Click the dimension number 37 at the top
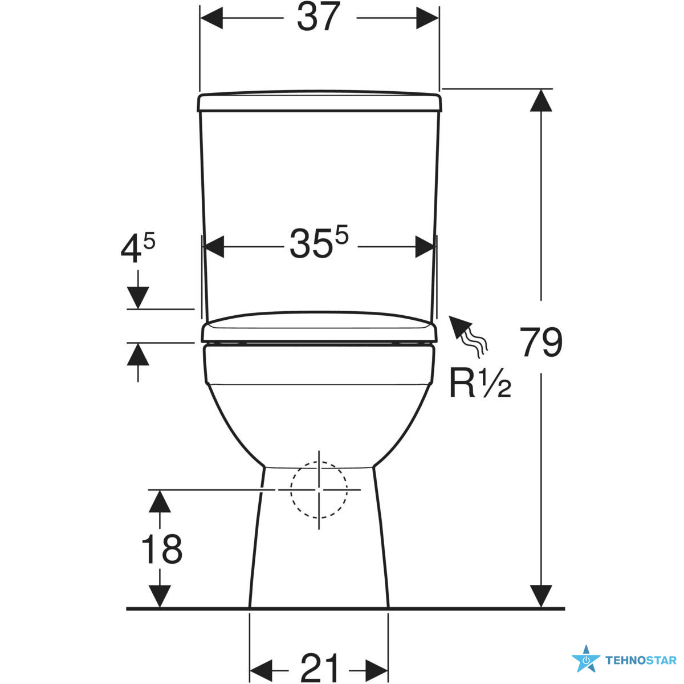tap(319, 17)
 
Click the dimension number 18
tap(162, 549)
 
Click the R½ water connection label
tap(481, 383)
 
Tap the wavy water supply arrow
tap(468, 335)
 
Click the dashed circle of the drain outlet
tap(319, 489)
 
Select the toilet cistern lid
tap(319, 101)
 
